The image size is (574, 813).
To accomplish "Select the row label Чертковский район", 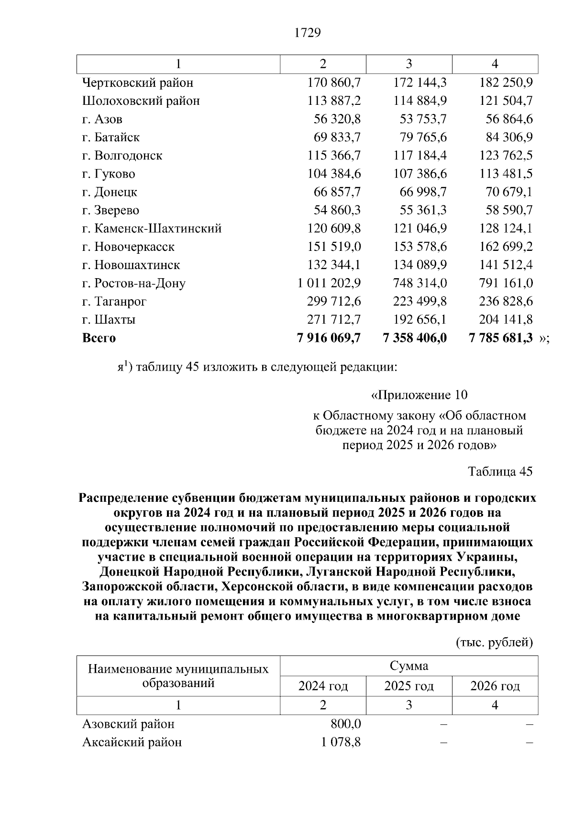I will tap(138, 83).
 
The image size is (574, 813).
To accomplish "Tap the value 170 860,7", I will tap(334, 83).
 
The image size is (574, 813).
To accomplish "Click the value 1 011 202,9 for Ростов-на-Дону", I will tap(329, 283).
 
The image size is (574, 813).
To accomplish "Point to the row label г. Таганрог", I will tap(114, 301).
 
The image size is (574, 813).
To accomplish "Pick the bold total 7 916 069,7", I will tap(329, 338).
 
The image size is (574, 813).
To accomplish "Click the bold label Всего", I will tap(99, 338).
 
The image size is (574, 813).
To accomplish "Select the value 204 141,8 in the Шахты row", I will tap(506, 319).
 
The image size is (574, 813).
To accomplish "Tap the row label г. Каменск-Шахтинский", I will tap(152, 228).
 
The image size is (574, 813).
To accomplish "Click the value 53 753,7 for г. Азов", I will tap(423, 119).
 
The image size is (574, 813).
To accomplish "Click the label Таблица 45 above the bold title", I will tap(500, 472).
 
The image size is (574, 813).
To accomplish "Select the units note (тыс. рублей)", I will tap(494, 642).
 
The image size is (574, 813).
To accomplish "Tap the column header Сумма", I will tap(409, 666).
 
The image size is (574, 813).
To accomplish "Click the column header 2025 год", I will tap(409, 686).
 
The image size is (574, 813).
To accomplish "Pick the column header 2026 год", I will tap(495, 686).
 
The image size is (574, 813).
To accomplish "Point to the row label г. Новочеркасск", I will tap(128, 247).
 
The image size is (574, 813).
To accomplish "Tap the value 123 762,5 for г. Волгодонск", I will tap(506, 156).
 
